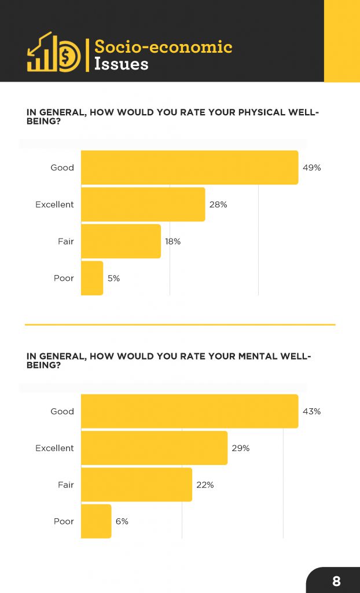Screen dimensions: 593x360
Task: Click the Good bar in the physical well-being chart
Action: (189, 167)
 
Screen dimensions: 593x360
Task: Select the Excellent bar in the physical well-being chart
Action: (143, 204)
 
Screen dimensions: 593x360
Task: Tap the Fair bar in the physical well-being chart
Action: (120, 241)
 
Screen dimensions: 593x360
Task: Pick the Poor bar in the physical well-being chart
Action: (92, 278)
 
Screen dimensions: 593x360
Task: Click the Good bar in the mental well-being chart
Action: (189, 411)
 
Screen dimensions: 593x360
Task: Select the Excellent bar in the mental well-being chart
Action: (154, 448)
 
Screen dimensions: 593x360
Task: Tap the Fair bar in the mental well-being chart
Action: (136, 485)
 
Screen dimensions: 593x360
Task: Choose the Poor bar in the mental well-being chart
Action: (96, 521)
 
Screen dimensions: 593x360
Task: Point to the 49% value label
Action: (311, 168)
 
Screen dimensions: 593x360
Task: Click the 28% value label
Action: (218, 204)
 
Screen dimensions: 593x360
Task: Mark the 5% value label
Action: (113, 278)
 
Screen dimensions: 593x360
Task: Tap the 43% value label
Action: (311, 411)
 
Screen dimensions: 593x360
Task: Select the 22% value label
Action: (205, 485)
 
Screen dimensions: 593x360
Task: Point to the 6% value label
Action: (122, 521)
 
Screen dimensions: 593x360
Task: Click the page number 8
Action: (336, 581)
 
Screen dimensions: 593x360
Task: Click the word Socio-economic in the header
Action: (163, 46)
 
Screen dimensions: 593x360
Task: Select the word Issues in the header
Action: (121, 64)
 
